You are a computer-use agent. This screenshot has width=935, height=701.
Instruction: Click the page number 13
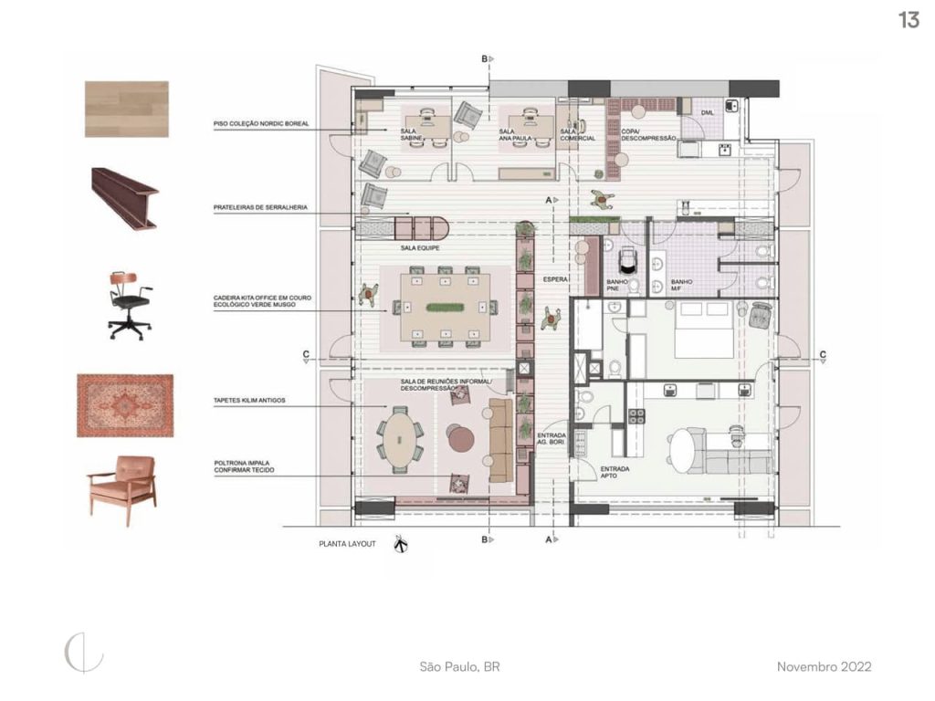pyautogui.click(x=909, y=20)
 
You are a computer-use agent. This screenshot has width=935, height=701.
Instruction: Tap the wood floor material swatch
pyautogui.click(x=126, y=109)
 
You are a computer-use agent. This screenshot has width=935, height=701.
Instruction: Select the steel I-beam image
pyautogui.click(x=125, y=196)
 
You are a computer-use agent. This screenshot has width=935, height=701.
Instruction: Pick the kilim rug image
pyautogui.click(x=125, y=404)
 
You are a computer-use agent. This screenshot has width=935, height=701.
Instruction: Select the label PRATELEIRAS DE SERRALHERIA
pyautogui.click(x=259, y=208)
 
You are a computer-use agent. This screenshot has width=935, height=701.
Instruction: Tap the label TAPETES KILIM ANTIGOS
pyautogui.click(x=250, y=399)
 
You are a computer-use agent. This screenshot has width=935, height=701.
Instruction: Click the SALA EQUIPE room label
pyautogui.click(x=420, y=247)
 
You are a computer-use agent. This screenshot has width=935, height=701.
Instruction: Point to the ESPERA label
pyautogui.click(x=555, y=277)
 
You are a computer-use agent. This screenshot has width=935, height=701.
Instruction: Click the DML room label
pyautogui.click(x=707, y=112)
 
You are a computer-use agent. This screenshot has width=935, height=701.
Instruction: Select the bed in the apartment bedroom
pyautogui.click(x=701, y=331)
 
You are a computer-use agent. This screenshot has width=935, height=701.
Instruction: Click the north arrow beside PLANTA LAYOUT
pyautogui.click(x=400, y=545)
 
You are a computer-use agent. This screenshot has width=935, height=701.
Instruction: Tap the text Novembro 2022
pyautogui.click(x=824, y=666)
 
